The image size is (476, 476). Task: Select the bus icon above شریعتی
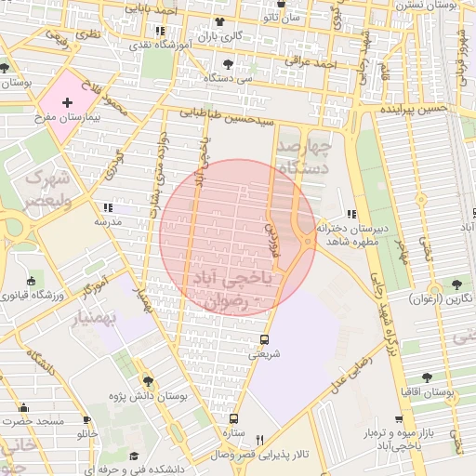(264, 339)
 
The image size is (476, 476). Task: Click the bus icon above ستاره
(233, 418)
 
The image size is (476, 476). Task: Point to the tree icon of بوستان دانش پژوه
(147, 381)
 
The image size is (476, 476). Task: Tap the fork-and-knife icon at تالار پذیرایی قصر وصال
(260, 441)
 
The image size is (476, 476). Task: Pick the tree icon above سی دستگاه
(229, 65)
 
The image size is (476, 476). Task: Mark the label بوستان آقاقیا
(448, 394)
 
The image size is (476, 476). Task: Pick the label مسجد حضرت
(32, 422)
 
